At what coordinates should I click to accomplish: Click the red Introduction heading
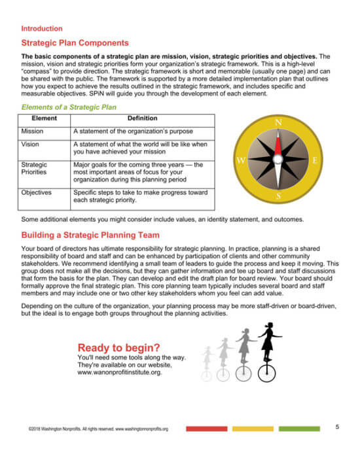click(42, 29)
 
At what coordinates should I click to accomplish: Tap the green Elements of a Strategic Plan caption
click(69, 107)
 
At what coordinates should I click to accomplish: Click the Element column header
click(45, 119)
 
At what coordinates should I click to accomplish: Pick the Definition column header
click(142, 119)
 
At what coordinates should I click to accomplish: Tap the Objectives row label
click(36, 193)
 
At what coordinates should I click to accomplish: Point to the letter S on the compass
click(278, 196)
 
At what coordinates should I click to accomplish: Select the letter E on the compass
click(315, 160)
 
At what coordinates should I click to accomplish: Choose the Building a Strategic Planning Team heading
click(90, 235)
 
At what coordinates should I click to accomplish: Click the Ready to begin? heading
click(118, 347)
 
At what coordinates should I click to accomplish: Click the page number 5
click(337, 427)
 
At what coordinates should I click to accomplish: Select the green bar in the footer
click(300, 429)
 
